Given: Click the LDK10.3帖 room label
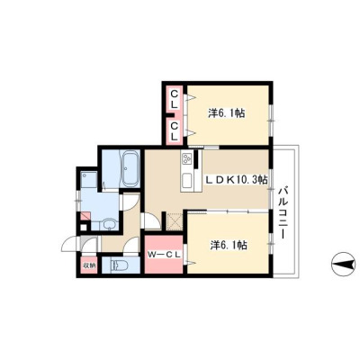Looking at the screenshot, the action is click(236, 180).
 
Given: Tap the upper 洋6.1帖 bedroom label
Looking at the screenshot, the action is click(227, 113).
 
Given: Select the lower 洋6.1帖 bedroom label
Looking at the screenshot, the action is click(229, 246).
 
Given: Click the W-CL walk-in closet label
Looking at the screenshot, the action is click(165, 255).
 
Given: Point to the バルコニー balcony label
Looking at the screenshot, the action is click(282, 213).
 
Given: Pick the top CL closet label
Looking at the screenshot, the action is click(175, 99).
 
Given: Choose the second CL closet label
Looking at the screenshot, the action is click(175, 131).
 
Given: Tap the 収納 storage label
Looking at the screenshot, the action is click(89, 265).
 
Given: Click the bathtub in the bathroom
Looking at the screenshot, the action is click(130, 168).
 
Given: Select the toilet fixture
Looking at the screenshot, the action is click(120, 265).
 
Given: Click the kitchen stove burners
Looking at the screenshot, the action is click(187, 157).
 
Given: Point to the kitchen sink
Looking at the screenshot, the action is click(187, 182).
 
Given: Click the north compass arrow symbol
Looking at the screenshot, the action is click(345, 265).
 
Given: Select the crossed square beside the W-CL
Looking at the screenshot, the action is click(175, 221).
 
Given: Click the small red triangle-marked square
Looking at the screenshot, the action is click(85, 216).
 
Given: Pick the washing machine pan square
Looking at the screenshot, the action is click(89, 180).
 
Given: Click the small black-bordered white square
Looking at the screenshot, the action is click(84, 227).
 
